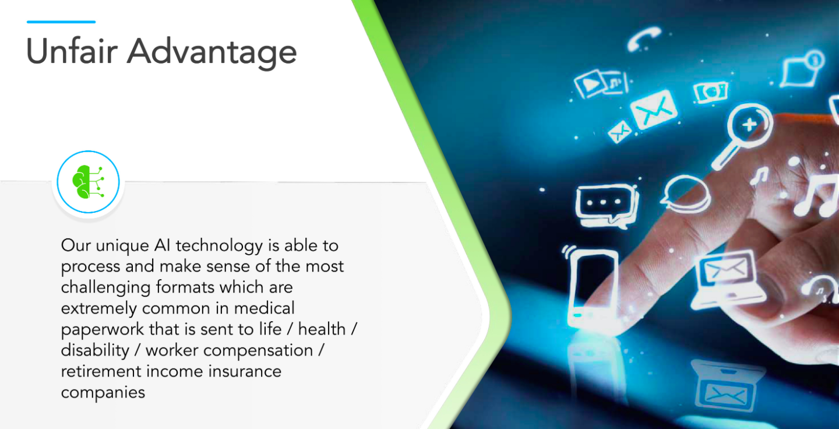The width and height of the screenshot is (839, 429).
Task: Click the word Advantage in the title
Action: point(211,53)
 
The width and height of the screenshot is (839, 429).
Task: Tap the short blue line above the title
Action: point(61,22)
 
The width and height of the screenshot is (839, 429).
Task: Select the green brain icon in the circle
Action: point(88,182)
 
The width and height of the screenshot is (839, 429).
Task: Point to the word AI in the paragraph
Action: point(162,245)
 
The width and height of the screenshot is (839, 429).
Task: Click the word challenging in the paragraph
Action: point(105,288)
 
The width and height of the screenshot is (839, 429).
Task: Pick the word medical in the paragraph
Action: point(264,308)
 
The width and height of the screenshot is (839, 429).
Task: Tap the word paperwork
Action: point(103,330)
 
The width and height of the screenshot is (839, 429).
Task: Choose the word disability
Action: point(95,351)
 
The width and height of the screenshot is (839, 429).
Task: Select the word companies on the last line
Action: point(103,393)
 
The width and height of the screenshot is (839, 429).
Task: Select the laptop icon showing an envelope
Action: point(726,279)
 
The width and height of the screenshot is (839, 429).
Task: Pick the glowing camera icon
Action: point(710,92)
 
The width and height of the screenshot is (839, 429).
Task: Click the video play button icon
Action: point(590,85)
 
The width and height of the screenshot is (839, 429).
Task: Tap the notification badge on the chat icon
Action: point(814,59)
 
